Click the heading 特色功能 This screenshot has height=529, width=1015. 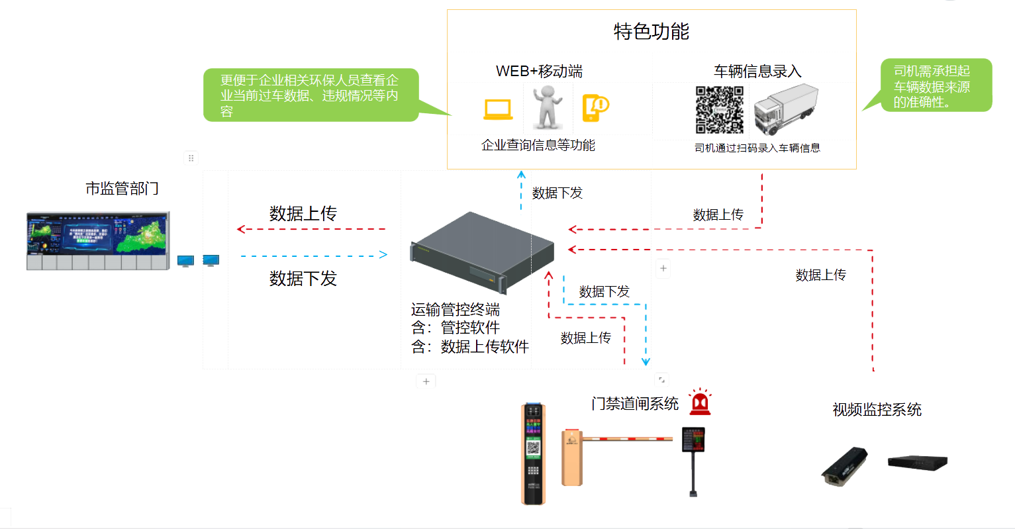click(x=652, y=31)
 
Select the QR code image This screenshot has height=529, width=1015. click(x=719, y=109)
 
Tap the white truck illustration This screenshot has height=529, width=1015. click(x=787, y=109)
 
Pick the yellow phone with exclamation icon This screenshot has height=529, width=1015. click(x=595, y=108)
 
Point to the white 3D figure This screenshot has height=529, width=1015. click(x=548, y=107)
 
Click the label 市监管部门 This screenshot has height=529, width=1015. click(x=122, y=189)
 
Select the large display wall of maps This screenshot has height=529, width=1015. click(x=98, y=240)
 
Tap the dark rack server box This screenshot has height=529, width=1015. click(x=482, y=251)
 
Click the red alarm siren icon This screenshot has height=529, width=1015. click(x=700, y=402)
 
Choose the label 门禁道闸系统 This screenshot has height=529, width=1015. click(x=635, y=403)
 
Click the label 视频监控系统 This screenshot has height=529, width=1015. click(x=877, y=410)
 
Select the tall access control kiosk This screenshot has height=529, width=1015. click(x=534, y=454)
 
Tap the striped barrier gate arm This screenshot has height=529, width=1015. click(x=627, y=438)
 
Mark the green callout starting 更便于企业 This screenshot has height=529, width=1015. click(x=311, y=95)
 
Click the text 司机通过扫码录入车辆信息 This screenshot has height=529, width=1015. click(x=757, y=148)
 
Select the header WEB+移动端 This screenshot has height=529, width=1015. click(x=539, y=71)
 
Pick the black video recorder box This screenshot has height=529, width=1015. click(x=918, y=462)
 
